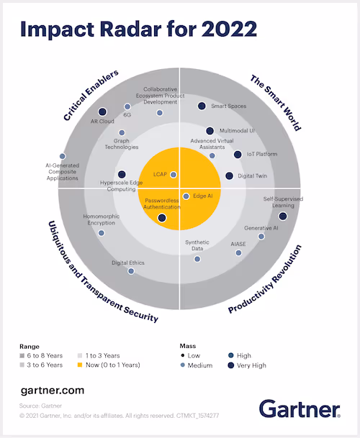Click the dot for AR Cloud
[x=102, y=111]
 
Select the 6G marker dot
[x=127, y=106]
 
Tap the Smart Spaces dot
[x=202, y=106]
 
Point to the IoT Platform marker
[x=238, y=154]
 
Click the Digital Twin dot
[x=230, y=175]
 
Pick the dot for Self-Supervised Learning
[x=282, y=216]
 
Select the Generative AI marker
[x=261, y=236]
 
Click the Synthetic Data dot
[x=197, y=258]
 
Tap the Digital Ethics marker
[x=131, y=271]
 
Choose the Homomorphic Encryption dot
[x=102, y=232]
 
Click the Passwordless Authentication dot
[x=161, y=217]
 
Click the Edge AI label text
[x=202, y=196]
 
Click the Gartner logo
[x=299, y=410]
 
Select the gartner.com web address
[x=53, y=391]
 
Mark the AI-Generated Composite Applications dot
[x=63, y=156]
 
